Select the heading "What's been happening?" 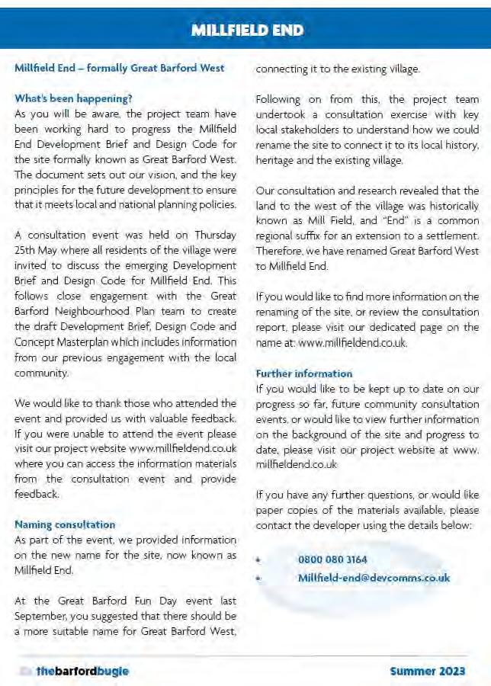point(73,98)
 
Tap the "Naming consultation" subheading point(65,524)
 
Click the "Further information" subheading point(303,373)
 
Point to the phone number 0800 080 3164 point(332,559)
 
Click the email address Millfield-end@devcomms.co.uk point(374,577)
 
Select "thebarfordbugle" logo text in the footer point(82,671)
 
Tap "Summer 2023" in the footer point(428,671)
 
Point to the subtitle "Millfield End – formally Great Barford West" point(120,68)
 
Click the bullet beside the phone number point(259,560)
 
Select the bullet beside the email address point(259,578)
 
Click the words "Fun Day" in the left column point(143,601)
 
